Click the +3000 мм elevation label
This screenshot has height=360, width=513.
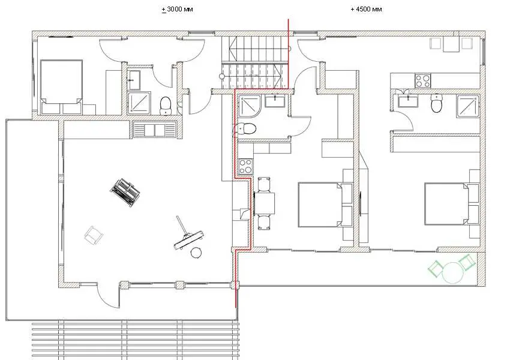point(178,9)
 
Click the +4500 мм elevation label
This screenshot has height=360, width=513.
point(366,9)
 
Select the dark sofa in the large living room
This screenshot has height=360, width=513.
point(125,193)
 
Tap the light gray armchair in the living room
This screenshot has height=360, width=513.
point(94,235)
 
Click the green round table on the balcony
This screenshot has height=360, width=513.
point(453,272)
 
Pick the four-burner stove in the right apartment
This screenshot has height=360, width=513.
point(423,81)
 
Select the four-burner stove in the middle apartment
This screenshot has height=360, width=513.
point(245,166)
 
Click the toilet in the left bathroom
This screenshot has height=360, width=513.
point(166,106)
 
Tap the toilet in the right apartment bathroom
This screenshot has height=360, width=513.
point(436,103)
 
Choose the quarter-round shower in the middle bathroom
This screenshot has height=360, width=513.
point(250,106)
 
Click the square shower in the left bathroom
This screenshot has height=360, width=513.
point(139,103)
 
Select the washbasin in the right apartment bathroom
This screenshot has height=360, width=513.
point(408,100)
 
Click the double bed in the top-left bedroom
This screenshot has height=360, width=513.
point(61,87)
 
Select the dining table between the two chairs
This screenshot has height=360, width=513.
point(265,203)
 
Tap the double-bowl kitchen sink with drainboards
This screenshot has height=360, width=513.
point(155,129)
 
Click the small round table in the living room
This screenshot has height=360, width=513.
point(196,253)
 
